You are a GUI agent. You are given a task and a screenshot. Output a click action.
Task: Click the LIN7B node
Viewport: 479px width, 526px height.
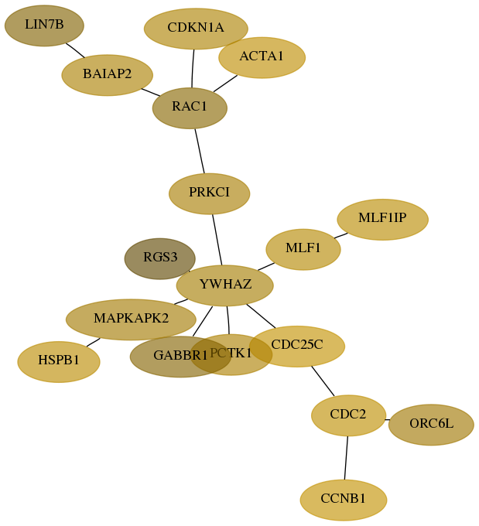click(x=44, y=26)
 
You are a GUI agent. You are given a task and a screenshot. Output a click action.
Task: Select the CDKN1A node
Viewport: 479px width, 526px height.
click(x=196, y=29)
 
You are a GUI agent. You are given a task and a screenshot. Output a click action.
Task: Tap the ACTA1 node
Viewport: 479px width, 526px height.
click(x=262, y=57)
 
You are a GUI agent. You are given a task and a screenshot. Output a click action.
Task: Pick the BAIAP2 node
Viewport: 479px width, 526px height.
click(x=107, y=75)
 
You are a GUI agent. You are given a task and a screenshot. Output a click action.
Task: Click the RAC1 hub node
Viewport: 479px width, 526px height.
click(x=190, y=108)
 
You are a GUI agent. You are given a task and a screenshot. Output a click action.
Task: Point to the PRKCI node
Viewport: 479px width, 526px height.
click(x=210, y=193)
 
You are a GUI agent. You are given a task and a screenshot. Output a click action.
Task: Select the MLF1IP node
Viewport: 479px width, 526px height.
click(x=383, y=220)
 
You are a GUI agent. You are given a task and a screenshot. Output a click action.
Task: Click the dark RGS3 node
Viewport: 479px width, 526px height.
click(x=159, y=258)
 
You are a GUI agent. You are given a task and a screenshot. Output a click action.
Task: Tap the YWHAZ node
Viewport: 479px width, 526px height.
click(x=225, y=285)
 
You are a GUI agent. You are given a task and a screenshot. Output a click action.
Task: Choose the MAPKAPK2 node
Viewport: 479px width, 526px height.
click(x=131, y=319)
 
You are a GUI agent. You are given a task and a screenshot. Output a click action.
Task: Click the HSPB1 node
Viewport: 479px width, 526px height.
click(x=59, y=362)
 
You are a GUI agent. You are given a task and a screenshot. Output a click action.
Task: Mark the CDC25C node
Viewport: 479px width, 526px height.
click(x=297, y=347)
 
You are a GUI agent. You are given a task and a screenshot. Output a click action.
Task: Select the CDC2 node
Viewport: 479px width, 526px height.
click(x=348, y=415)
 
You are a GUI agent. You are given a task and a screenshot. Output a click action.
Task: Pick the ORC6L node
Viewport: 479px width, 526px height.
click(x=431, y=425)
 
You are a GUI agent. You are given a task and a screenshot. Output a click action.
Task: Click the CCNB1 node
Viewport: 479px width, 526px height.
click(x=344, y=500)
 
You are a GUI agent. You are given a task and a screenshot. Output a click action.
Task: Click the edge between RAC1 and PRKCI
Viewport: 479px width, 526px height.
click(x=200, y=151)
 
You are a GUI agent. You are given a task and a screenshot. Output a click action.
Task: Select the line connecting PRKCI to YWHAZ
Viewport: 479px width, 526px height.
click(x=217, y=240)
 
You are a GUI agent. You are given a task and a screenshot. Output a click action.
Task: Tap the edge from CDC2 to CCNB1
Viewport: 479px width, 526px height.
click(x=346, y=458)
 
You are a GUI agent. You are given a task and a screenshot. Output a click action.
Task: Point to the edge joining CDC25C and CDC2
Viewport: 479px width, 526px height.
click(x=323, y=381)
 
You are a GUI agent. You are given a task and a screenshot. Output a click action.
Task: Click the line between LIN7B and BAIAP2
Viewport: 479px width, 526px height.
click(x=75, y=50)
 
